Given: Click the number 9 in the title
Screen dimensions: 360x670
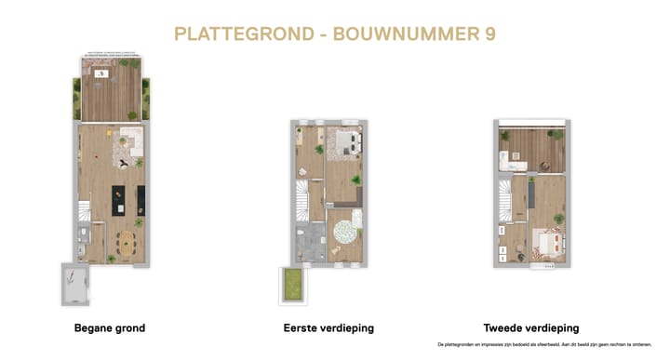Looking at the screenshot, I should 489,33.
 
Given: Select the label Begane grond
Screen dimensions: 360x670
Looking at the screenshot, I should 110,328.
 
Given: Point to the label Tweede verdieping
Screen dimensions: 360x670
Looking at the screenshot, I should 531,328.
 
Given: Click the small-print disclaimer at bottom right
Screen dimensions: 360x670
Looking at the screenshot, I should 556,344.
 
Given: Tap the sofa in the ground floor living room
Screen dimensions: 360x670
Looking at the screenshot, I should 129,141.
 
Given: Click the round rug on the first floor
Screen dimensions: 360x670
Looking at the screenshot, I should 346,228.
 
